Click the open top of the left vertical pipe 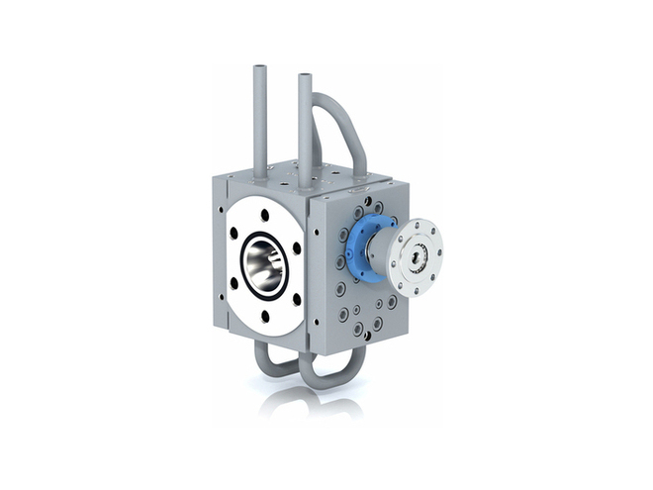(x=259, y=69)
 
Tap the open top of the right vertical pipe (x=305, y=75)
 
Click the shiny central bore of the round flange (x=264, y=264)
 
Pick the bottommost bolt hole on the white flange (x=265, y=316)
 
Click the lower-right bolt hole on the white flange (x=296, y=297)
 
